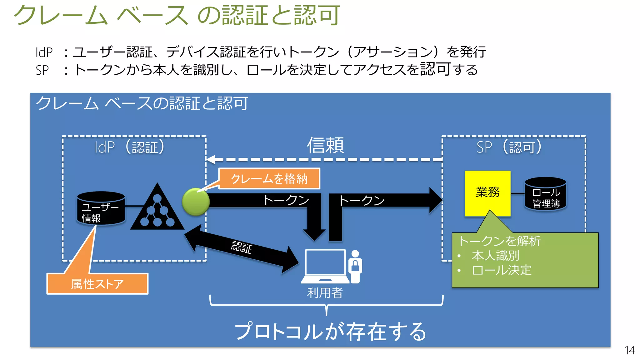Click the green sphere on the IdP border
(x=196, y=202)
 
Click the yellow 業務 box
(x=487, y=193)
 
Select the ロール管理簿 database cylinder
(x=545, y=194)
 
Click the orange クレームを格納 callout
(x=269, y=179)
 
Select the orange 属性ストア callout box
(x=97, y=284)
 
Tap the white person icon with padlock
(x=355, y=266)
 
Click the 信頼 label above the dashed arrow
(x=325, y=146)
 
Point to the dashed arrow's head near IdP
(x=211, y=159)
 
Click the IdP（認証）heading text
(x=130, y=147)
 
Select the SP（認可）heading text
(x=509, y=147)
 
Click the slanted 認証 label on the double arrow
(x=242, y=247)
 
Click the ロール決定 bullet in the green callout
(x=502, y=270)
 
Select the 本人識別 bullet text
(x=495, y=256)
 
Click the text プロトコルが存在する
(x=330, y=332)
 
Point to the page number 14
(x=629, y=350)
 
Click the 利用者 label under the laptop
(x=325, y=293)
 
